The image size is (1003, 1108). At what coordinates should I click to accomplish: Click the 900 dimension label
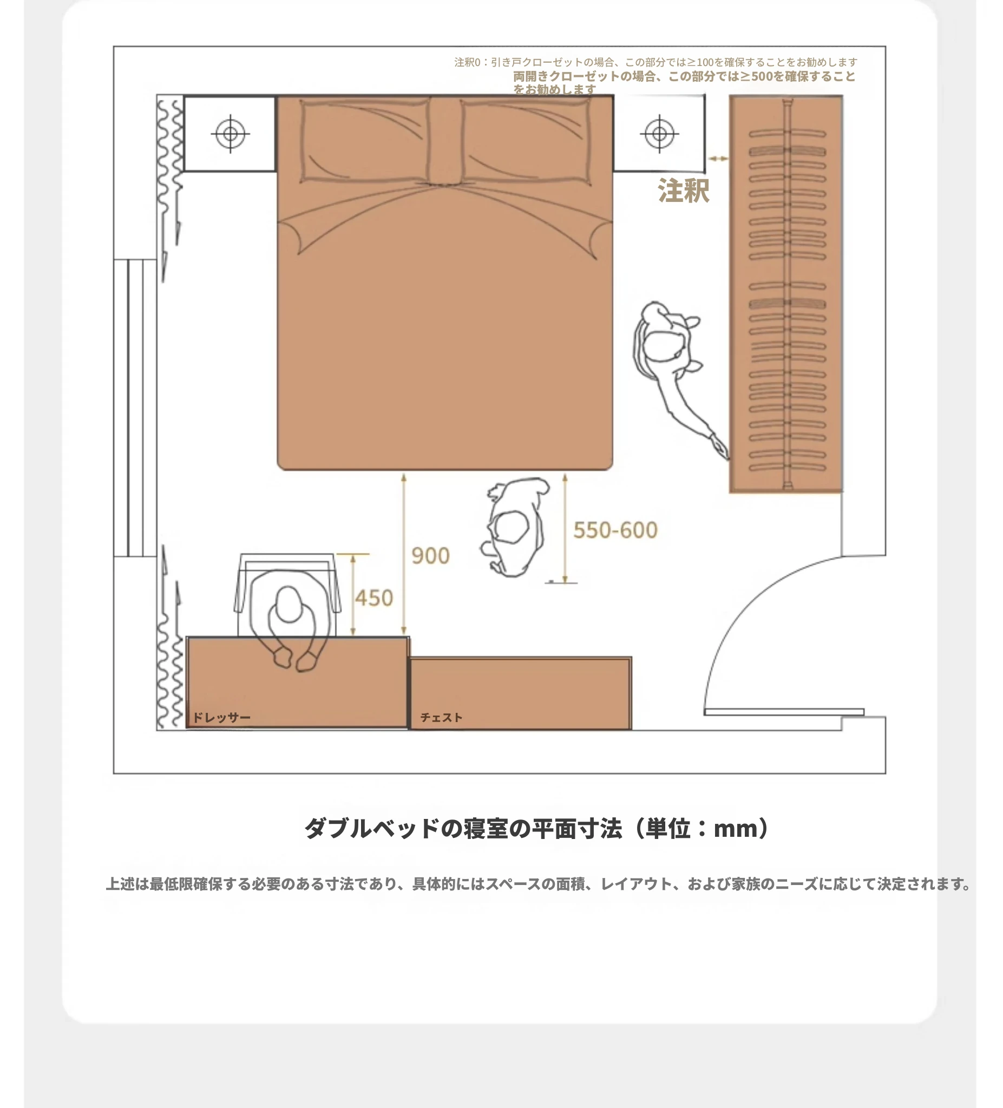[430, 556]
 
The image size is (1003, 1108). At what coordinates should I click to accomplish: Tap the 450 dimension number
[373, 598]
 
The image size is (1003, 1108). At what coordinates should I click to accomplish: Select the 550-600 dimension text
[615, 530]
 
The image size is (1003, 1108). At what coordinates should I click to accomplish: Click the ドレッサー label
[221, 717]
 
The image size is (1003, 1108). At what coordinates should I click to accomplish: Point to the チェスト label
[441, 717]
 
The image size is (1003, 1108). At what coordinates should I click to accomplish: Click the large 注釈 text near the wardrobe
[683, 191]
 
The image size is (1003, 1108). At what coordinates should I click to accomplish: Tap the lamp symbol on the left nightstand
[230, 134]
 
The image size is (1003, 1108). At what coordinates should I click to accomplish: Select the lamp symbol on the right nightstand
[659, 134]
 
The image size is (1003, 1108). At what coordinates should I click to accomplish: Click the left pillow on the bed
[364, 140]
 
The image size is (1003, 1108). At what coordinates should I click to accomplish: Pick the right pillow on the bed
[527, 140]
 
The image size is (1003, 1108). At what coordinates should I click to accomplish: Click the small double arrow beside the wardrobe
[717, 158]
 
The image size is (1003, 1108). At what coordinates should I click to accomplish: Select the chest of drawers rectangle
[521, 693]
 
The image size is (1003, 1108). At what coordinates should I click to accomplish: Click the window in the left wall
[135, 408]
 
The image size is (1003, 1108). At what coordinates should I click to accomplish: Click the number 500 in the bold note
[762, 76]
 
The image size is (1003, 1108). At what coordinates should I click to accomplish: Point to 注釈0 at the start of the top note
[467, 62]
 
